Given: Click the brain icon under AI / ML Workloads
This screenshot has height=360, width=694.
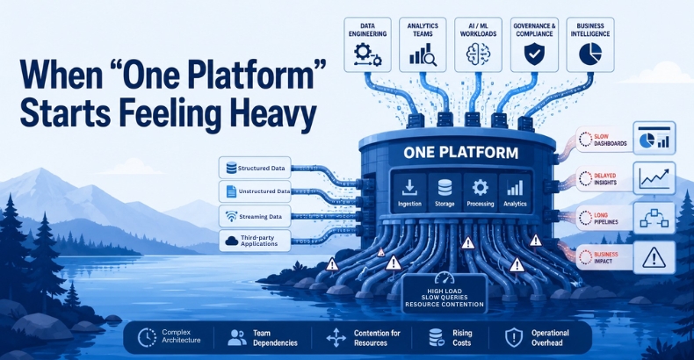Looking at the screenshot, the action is (478, 54).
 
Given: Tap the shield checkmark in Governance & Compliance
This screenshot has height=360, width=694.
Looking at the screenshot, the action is (534, 54).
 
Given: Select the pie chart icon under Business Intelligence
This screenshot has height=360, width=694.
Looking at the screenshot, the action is (590, 54).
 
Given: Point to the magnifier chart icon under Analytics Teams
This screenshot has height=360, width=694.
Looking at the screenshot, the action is (423, 54).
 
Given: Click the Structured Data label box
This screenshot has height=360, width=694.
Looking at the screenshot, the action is (255, 168).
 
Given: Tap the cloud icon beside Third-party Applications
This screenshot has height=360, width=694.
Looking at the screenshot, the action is (232, 241).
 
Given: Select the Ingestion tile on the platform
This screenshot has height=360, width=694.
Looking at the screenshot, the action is (409, 192).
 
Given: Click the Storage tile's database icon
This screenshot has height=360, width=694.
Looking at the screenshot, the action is (445, 188).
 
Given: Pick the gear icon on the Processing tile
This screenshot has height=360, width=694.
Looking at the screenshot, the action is (480, 188).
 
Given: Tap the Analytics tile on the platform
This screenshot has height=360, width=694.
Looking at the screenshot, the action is (515, 192).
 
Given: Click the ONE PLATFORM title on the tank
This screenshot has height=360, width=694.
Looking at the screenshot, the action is (460, 153).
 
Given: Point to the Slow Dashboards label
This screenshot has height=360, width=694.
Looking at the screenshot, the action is (604, 140).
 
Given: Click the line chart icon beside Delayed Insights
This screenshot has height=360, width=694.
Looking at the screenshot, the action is (654, 177).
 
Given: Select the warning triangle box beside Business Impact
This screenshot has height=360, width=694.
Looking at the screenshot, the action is (654, 257).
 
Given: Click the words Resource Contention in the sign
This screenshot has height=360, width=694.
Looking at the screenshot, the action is (444, 305).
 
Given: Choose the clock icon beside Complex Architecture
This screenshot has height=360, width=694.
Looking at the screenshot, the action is (147, 337).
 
